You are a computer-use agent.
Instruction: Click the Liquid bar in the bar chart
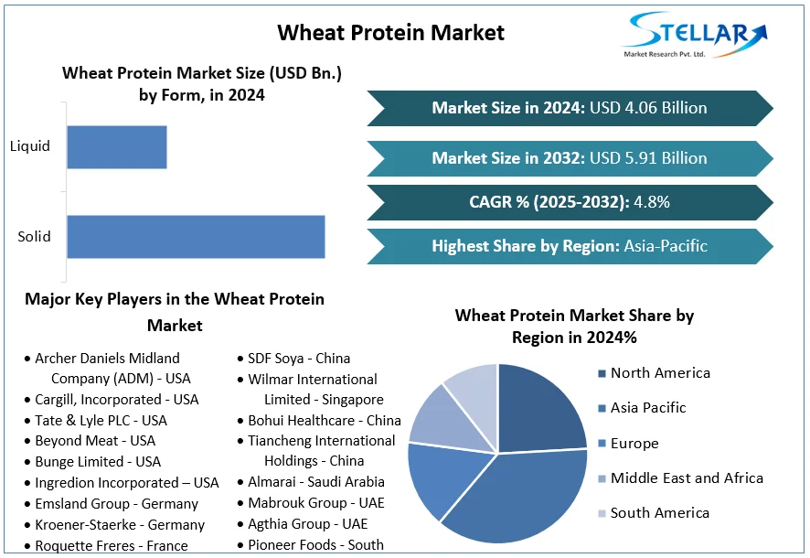(x=117, y=146)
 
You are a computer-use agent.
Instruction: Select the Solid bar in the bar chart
(x=196, y=237)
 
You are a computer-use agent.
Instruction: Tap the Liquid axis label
(x=30, y=146)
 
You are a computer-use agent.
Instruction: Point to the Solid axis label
(x=35, y=237)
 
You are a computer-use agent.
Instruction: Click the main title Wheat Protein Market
(x=390, y=33)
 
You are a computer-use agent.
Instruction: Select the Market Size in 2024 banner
(x=570, y=108)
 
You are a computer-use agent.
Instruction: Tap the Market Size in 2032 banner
(x=570, y=158)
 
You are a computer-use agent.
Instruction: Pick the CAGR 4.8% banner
(x=570, y=202)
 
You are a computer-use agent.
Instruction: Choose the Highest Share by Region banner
(x=570, y=246)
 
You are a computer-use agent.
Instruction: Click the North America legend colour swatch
(x=601, y=373)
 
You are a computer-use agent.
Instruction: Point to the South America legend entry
(x=659, y=513)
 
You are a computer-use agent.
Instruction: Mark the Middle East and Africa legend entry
(x=686, y=478)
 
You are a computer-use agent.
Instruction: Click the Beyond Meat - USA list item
(x=95, y=441)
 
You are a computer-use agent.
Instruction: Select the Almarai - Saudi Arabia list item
(x=316, y=482)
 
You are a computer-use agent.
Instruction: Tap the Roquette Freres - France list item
(x=111, y=546)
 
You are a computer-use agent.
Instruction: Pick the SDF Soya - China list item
(x=299, y=359)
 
